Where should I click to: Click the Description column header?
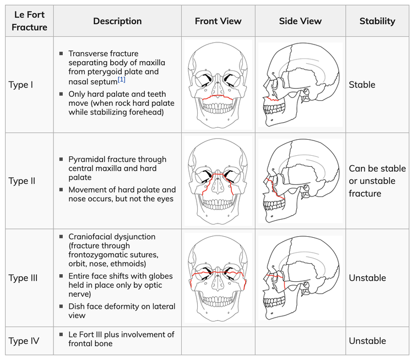(117, 21)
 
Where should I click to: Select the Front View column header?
(218, 21)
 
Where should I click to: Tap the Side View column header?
(300, 21)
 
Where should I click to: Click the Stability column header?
(377, 21)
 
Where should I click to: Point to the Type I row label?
(21, 85)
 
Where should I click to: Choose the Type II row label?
(22, 181)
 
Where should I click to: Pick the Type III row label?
(23, 278)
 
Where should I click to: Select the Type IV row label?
(24, 341)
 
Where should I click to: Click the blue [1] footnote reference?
(122, 79)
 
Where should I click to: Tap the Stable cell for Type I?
(362, 85)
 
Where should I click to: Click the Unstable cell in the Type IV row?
(367, 341)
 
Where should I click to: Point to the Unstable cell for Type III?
(367, 278)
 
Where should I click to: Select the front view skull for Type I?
(218, 85)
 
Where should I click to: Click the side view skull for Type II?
(301, 181)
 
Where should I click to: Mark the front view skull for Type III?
(218, 278)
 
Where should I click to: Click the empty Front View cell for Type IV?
(218, 341)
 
